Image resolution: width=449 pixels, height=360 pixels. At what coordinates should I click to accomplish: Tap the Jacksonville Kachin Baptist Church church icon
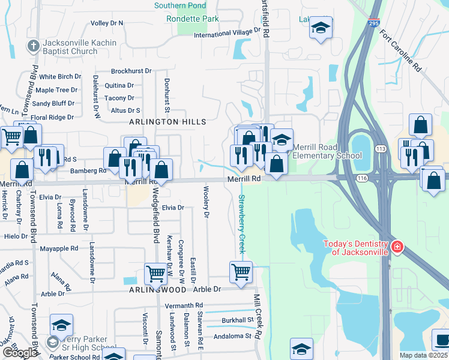[x=33, y=46]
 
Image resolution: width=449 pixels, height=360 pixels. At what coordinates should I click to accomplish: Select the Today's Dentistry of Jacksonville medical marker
[x=396, y=247]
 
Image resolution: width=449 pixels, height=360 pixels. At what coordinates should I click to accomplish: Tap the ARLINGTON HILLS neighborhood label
[x=168, y=122]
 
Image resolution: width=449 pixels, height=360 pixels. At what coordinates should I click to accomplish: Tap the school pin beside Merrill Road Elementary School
[x=281, y=140]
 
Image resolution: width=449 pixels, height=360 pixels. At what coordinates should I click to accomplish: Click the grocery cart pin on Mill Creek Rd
[x=241, y=272]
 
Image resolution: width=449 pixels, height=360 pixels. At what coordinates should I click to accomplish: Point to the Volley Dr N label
[x=106, y=23]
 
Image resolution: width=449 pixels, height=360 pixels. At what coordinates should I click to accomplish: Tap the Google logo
[x=19, y=353]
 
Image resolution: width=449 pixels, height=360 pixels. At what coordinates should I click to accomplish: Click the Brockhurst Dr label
[x=131, y=71]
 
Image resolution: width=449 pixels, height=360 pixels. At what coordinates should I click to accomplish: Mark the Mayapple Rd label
[x=59, y=248]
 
